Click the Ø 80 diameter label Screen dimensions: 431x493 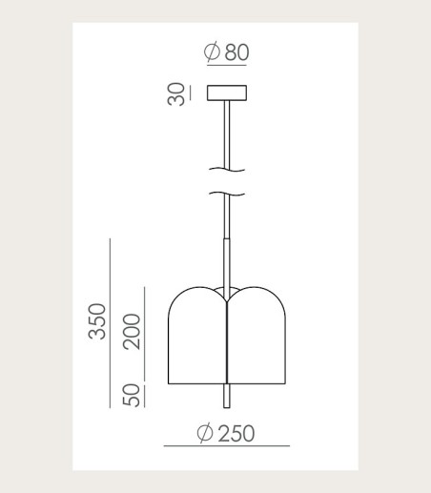pos(226,51)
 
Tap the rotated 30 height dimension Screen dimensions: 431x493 pos(175,94)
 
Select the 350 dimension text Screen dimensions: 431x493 pos(97,321)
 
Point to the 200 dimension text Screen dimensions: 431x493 pos(132,332)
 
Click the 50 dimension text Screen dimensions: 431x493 pos(132,395)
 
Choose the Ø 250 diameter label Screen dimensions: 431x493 pos(226,433)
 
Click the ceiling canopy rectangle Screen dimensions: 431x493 pos(227,92)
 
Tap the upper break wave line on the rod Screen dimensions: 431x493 pos(227,170)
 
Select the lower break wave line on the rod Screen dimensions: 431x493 pos(227,194)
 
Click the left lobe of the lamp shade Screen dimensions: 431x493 pos(197,336)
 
